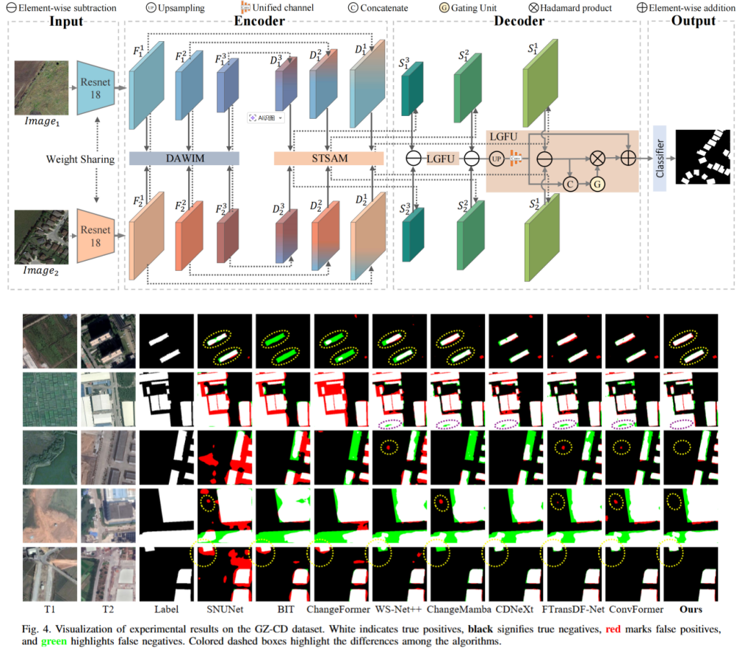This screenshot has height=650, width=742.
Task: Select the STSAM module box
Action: point(328,158)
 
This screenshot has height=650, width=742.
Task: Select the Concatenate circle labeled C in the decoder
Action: point(569,184)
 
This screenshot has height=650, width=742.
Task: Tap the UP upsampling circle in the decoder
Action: point(497,158)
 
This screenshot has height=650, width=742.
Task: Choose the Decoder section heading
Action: point(518,21)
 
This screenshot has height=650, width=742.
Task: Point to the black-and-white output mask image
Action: point(703,157)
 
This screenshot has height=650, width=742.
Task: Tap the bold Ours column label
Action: point(691,609)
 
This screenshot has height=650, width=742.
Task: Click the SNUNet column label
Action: point(225,609)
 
